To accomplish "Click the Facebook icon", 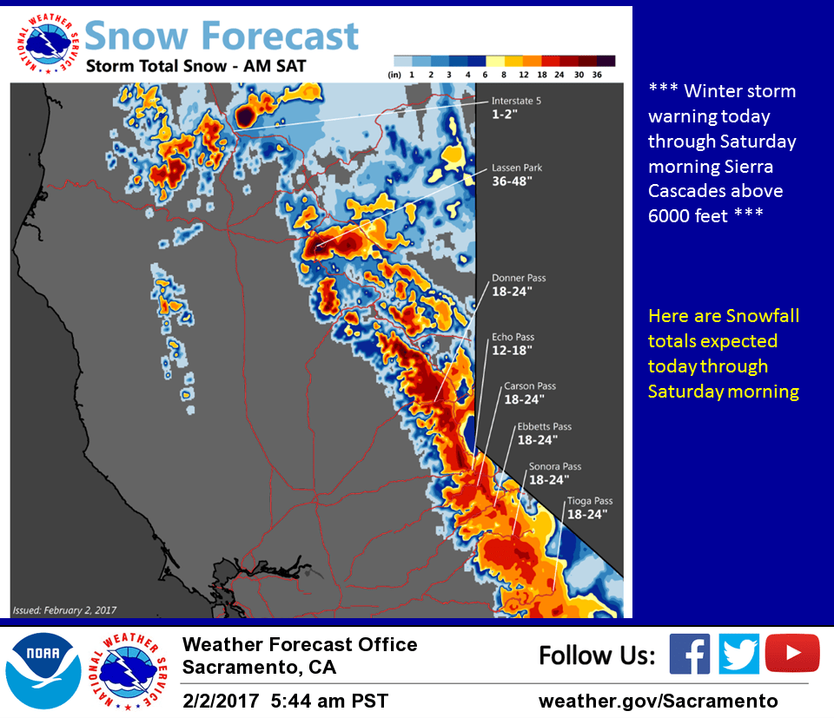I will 690,654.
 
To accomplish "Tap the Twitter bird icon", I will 739,654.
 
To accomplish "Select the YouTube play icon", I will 792,654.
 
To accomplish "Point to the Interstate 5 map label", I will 516,101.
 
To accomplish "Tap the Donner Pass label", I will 519,278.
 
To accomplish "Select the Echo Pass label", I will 513,337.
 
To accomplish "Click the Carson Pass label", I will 530,386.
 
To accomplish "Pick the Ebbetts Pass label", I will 544,426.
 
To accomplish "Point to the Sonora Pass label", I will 555,466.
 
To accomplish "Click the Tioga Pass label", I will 590,501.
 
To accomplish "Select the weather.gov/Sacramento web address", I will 658,700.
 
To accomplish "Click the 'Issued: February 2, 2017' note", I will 64,609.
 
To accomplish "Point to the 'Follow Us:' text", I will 597,655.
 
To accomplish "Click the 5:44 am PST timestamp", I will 330,700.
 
